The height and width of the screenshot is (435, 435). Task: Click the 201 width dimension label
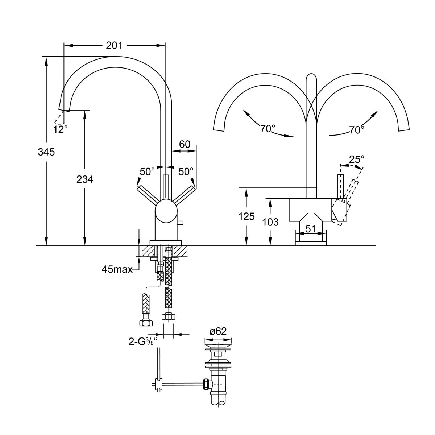(114, 46)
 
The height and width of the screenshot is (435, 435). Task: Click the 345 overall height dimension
(46, 152)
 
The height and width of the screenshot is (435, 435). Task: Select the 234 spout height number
(85, 179)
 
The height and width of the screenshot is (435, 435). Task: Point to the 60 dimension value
(185, 144)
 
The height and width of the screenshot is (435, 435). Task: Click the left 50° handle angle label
(148, 171)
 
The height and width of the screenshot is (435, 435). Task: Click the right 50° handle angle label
(186, 171)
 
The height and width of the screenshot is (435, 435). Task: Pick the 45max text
(117, 269)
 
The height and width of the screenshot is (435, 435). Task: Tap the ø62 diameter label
(218, 331)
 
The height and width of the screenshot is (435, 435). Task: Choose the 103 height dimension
(270, 222)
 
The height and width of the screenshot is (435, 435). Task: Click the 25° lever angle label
(357, 159)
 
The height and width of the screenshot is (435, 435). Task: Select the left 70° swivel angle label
(268, 129)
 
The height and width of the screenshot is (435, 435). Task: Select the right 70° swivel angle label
(357, 130)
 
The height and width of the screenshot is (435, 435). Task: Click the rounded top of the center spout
(311, 78)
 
